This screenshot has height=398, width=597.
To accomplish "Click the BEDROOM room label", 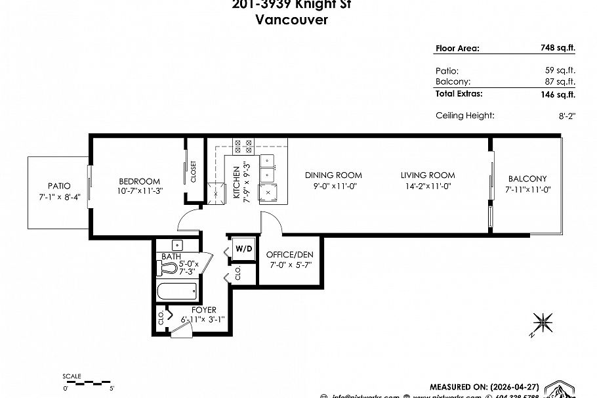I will coord(139,181).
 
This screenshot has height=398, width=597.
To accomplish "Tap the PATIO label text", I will coord(58,186).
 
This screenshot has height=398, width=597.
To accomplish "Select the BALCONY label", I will coord(527,179).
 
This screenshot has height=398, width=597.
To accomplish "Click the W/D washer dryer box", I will coord(243,249).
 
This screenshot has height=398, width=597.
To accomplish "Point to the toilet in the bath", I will coord(170,268).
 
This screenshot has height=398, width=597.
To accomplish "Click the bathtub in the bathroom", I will coord(177,291).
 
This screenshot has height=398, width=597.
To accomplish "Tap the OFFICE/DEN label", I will coord(289,254).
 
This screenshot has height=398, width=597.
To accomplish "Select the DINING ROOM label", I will coord(333,175).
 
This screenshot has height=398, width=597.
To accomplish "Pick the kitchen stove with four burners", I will coord(243,146).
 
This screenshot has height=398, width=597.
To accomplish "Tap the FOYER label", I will coord(203,310).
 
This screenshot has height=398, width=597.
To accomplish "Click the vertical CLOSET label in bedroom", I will coord(194,171).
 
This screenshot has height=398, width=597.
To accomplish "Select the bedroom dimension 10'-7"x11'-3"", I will coord(139,192).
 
